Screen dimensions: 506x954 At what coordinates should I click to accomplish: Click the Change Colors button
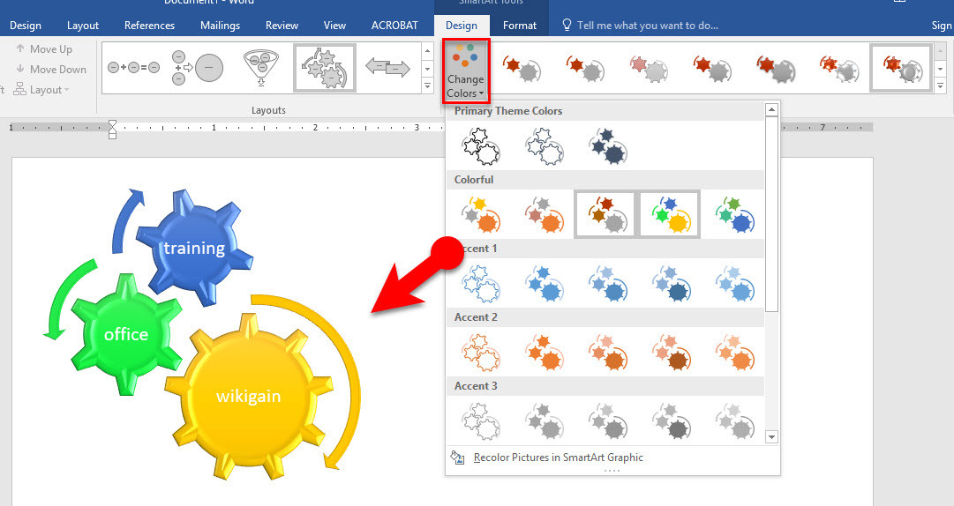pos(465,70)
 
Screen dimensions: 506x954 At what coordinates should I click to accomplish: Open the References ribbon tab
pos(149,26)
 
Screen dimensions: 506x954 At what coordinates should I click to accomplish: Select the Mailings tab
pos(221,26)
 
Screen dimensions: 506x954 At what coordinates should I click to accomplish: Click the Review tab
pos(282,26)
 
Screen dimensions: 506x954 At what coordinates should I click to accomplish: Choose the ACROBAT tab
pos(394,26)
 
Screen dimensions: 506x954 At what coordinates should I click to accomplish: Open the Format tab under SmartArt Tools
pos(520,26)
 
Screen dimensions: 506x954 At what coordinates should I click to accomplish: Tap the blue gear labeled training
pos(193,248)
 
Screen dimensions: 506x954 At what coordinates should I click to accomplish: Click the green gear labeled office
pos(126,334)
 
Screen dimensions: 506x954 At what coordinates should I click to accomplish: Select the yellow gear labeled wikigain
pos(248,396)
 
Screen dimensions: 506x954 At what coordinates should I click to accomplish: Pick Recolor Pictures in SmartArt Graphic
pos(558,458)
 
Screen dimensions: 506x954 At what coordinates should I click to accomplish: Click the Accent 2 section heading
pos(476,317)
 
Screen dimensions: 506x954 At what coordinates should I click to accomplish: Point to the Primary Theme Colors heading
pos(507,111)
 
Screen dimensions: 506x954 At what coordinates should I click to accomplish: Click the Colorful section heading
pos(474,180)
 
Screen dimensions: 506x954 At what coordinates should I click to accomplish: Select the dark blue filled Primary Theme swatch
pos(607,145)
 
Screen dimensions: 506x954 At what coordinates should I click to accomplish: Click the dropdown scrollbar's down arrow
pos(771,436)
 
